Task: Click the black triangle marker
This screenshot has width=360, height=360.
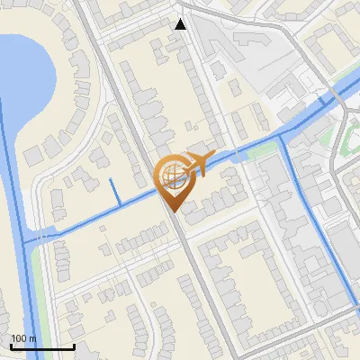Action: point(181,24)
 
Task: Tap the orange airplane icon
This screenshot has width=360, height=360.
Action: point(199,163)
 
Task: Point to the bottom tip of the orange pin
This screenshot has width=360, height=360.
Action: point(171,212)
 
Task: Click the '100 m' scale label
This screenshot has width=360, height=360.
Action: point(23,338)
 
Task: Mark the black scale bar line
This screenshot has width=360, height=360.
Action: point(41,346)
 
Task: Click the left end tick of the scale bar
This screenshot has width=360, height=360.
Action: point(11,346)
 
